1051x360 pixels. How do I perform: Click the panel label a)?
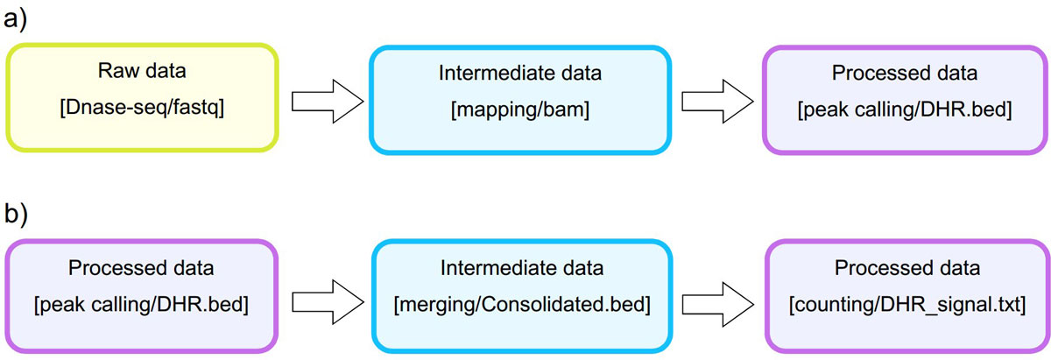[16, 21]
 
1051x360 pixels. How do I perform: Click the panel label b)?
[16, 214]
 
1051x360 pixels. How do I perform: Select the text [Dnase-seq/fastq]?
[142, 108]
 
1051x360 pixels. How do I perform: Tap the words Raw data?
[142, 71]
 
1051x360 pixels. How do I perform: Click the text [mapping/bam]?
[520, 109]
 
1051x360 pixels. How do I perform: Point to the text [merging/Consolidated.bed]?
[522, 305]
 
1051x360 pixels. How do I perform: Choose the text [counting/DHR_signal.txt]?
[907, 305]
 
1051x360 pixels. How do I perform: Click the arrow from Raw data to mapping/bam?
[328, 102]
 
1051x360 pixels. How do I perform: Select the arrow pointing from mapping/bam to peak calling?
[717, 102]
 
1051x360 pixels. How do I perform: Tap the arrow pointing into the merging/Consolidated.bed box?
[328, 302]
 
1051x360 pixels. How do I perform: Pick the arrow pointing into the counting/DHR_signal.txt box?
[718, 304]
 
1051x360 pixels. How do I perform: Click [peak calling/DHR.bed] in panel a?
[905, 109]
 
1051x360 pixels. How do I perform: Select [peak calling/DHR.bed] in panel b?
[141, 305]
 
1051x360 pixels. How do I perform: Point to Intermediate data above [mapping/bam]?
[520, 74]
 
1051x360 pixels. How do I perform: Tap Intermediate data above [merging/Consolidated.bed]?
[522, 268]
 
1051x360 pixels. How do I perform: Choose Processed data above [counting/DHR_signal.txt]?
[907, 268]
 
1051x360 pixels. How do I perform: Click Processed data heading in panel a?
[905, 74]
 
